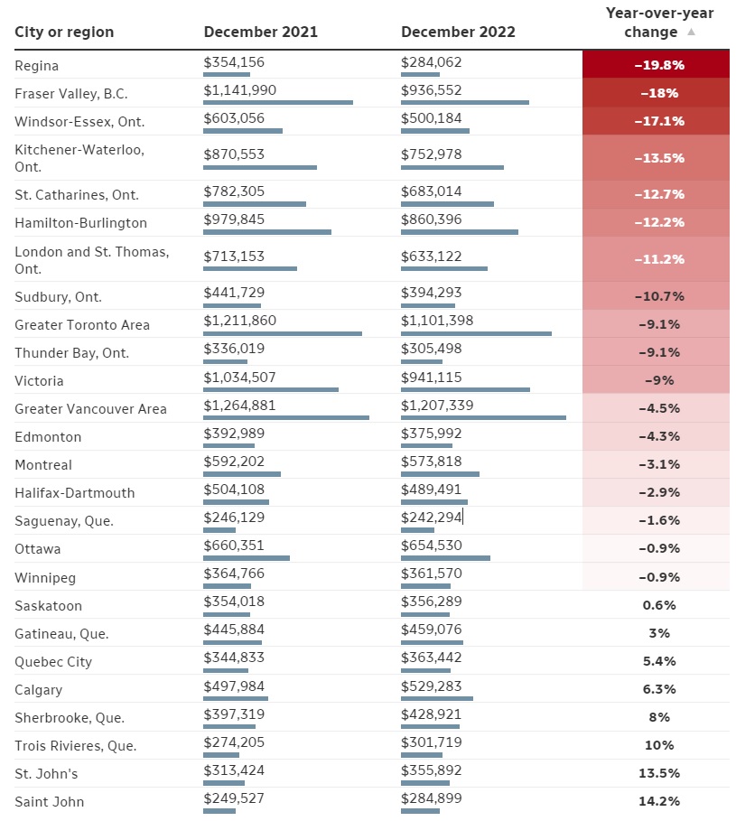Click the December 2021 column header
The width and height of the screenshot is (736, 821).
pyautogui.click(x=261, y=32)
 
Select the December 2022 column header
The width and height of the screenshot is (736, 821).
pyautogui.click(x=458, y=32)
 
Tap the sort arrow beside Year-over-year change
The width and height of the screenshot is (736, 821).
pyautogui.click(x=691, y=32)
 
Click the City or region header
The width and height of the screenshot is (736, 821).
pyautogui.click(x=64, y=33)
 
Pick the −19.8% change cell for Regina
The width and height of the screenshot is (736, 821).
pyautogui.click(x=656, y=65)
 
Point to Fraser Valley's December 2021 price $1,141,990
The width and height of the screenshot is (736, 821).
pyautogui.click(x=239, y=90)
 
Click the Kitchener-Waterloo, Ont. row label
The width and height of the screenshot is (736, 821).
pyautogui.click(x=79, y=158)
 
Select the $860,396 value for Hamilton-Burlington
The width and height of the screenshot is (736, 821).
pyautogui.click(x=432, y=219)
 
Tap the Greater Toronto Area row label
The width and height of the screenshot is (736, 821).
pyautogui.click(x=82, y=325)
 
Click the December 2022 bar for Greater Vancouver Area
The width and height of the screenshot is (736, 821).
pyautogui.click(x=484, y=418)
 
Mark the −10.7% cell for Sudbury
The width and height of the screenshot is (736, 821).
pyautogui.click(x=656, y=296)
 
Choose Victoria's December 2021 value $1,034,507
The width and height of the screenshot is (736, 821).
pyautogui.click(x=239, y=378)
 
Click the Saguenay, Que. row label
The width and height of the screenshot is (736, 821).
pyautogui.click(x=64, y=521)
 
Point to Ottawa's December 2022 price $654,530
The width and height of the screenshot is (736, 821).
pyautogui.click(x=432, y=546)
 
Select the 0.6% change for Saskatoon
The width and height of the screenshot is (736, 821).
pyautogui.click(x=659, y=605)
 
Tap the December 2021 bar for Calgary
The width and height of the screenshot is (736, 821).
pyautogui.click(x=236, y=698)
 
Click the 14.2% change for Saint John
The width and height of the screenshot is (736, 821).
pyautogui.click(x=659, y=801)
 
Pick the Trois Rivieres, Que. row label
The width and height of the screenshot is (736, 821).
pyautogui.click(x=75, y=746)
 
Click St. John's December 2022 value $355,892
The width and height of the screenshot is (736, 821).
pyautogui.click(x=432, y=770)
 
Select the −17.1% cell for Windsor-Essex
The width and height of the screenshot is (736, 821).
pyautogui.click(x=656, y=121)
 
